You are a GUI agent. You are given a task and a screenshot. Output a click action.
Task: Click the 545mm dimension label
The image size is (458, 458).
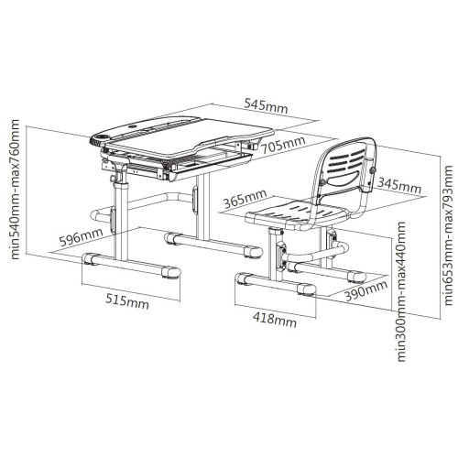click(x=266, y=105)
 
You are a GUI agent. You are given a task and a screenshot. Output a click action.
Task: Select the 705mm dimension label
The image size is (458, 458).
click(x=283, y=145)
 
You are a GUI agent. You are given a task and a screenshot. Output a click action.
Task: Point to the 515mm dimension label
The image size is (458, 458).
click(x=127, y=300)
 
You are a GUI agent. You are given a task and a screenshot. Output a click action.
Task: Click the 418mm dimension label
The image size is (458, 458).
click(x=275, y=319)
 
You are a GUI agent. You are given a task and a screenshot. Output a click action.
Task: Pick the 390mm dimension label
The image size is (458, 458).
click(x=366, y=290)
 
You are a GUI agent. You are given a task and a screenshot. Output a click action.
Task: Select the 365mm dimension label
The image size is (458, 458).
click(x=245, y=199)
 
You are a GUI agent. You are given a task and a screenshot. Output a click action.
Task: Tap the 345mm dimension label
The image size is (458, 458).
click(x=399, y=185)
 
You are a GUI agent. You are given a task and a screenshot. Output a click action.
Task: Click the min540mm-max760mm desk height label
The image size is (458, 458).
click(x=15, y=190)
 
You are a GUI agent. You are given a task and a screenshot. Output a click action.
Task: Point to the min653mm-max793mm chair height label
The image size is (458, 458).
click(x=448, y=235)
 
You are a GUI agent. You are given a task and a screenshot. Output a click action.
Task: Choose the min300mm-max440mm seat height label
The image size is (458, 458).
click(x=401, y=292)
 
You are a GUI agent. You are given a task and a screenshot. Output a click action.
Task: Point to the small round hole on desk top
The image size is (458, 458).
click(x=133, y=125)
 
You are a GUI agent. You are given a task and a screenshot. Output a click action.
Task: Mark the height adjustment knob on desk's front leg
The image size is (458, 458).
click(x=113, y=178)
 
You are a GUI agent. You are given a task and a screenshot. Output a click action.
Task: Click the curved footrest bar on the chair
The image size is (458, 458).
click(x=318, y=255)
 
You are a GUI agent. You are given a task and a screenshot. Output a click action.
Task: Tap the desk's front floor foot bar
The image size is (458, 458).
click(x=131, y=265)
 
